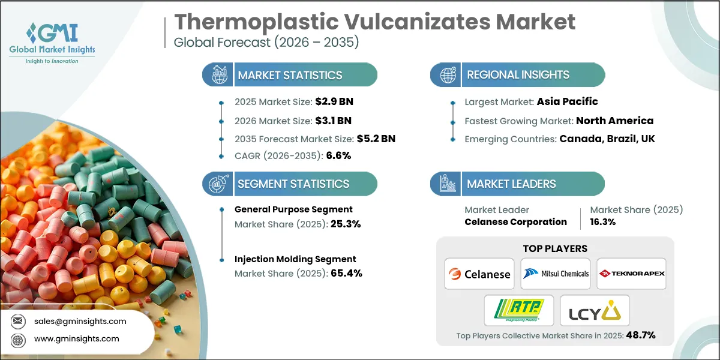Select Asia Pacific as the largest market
567,101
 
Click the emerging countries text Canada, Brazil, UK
607,139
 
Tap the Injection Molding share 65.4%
341,273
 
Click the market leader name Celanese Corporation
515,222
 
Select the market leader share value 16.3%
603,222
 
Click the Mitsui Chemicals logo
555,274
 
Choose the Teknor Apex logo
631,274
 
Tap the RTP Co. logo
519,310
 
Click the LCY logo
595,310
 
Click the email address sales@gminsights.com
80,321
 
